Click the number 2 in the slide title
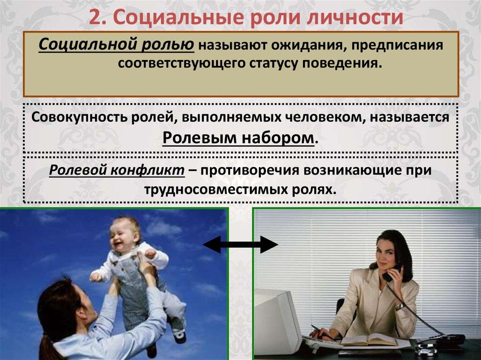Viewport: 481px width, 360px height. tap(96, 18)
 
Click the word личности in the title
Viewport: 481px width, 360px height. tap(355, 18)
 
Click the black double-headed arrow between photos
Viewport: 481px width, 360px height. tap(240, 245)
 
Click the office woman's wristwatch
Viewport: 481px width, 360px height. tap(399, 306)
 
